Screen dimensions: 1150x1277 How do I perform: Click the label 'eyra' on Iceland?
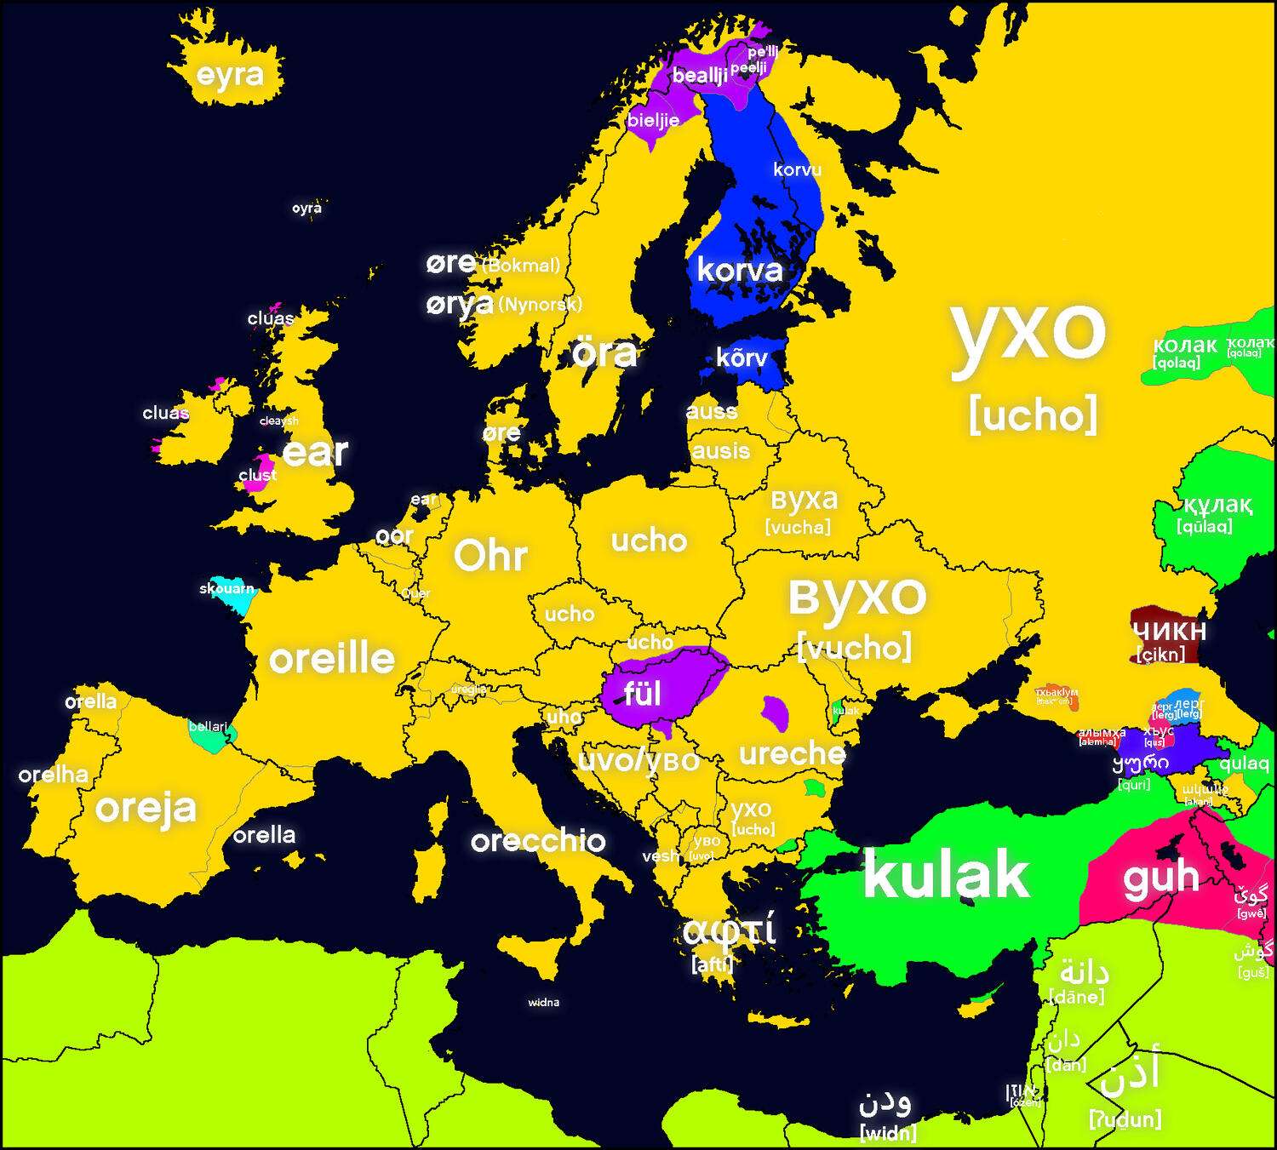230,75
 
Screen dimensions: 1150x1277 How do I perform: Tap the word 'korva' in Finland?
739,271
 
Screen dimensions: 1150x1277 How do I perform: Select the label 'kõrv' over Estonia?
741,358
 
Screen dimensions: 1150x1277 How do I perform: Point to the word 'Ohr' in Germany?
490,556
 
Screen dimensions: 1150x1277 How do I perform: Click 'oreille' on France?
332,659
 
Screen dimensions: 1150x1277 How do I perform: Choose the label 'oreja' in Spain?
146,808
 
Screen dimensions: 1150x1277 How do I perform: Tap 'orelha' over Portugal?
54,775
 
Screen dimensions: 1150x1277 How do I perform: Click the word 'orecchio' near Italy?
538,841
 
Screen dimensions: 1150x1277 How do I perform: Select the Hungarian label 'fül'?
642,694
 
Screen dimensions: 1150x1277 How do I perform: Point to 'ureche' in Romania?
792,754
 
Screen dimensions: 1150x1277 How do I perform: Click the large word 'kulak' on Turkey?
946,874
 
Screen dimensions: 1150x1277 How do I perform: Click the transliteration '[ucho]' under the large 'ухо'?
1033,415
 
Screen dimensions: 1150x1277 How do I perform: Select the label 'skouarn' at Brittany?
226,588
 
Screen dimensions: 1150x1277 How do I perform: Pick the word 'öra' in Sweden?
604,353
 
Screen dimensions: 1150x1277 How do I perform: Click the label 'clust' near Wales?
257,475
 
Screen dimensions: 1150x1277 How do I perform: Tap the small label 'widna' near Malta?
543,1002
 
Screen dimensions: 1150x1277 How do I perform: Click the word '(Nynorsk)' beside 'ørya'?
540,304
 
